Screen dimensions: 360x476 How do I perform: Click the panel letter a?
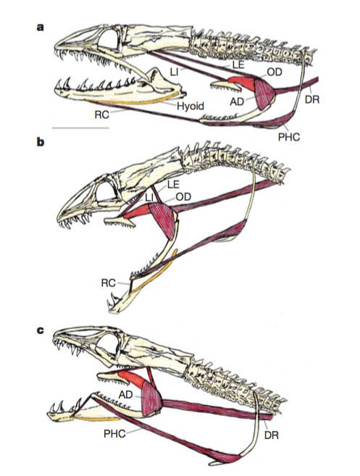41,28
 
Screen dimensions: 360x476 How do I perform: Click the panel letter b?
41,142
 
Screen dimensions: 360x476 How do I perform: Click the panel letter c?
41,330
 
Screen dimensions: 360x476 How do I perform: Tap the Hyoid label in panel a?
191,107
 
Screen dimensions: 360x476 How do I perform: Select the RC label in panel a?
101,115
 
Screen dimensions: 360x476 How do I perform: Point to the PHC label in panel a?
289,137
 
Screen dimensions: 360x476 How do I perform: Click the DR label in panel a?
312,99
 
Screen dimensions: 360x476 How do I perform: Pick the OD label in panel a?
275,72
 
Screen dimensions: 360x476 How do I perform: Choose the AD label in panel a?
237,101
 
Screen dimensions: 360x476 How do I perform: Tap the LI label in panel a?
174,72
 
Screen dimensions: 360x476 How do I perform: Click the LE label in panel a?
238,64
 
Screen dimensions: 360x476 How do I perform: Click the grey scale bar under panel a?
80,128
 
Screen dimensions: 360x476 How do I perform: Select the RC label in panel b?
109,283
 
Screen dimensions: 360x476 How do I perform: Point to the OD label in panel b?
183,197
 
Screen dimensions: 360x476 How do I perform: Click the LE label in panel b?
173,184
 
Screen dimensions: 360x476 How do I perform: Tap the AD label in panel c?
125,395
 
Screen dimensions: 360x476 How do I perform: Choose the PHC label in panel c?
114,433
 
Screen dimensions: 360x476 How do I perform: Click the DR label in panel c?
272,435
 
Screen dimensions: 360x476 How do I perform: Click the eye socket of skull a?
109,39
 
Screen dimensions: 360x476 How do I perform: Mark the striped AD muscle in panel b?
164,220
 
